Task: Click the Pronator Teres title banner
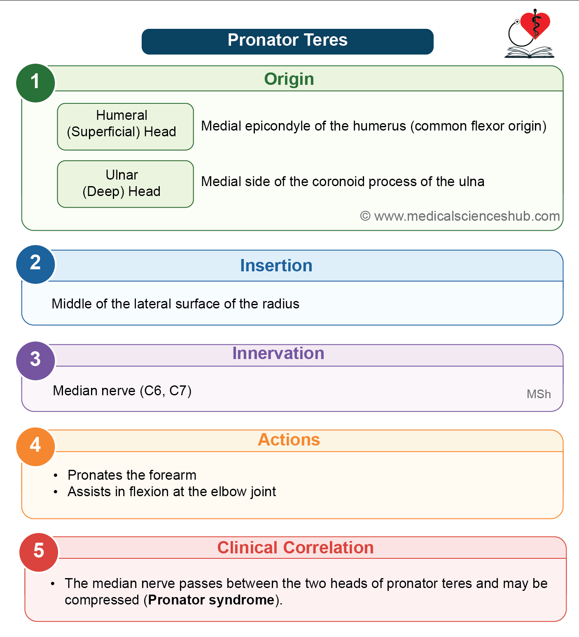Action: point(287,42)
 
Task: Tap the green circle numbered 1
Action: point(35,83)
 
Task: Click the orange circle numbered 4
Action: point(35,446)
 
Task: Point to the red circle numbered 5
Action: point(39,552)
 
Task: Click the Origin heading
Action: point(289,79)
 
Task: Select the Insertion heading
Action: point(276,266)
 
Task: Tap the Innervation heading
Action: point(278,353)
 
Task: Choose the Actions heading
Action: point(289,440)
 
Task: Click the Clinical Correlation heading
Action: point(296,548)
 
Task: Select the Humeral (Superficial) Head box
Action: point(126,127)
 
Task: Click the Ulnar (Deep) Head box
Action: point(126,184)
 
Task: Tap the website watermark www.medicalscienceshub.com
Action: point(460,216)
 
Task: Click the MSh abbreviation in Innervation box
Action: point(539,394)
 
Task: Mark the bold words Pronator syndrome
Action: point(211,600)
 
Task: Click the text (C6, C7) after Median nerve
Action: point(166,391)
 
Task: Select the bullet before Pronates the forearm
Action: point(56,476)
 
